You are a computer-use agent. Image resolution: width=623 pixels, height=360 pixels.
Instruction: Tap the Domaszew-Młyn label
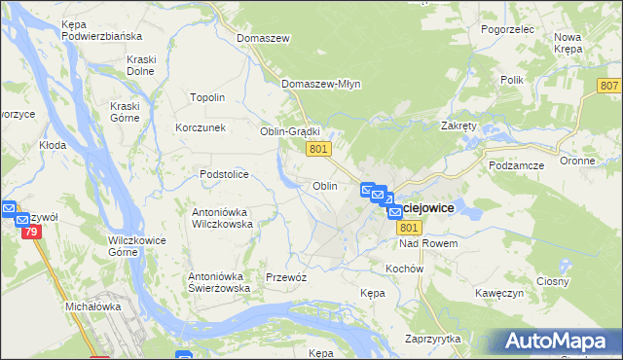321,84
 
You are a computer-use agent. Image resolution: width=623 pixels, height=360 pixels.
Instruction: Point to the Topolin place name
207,97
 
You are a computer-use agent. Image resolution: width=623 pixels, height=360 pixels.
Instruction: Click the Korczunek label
201,127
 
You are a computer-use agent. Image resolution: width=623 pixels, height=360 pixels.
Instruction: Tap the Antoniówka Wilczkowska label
223,217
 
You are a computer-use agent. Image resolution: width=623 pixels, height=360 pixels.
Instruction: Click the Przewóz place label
286,277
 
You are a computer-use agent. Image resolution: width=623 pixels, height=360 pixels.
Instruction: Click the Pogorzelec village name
507,30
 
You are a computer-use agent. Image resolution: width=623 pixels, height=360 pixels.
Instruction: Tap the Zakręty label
458,126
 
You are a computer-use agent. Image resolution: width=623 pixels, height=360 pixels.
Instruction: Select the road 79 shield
30,232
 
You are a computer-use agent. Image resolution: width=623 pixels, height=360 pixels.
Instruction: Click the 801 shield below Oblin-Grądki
319,148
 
